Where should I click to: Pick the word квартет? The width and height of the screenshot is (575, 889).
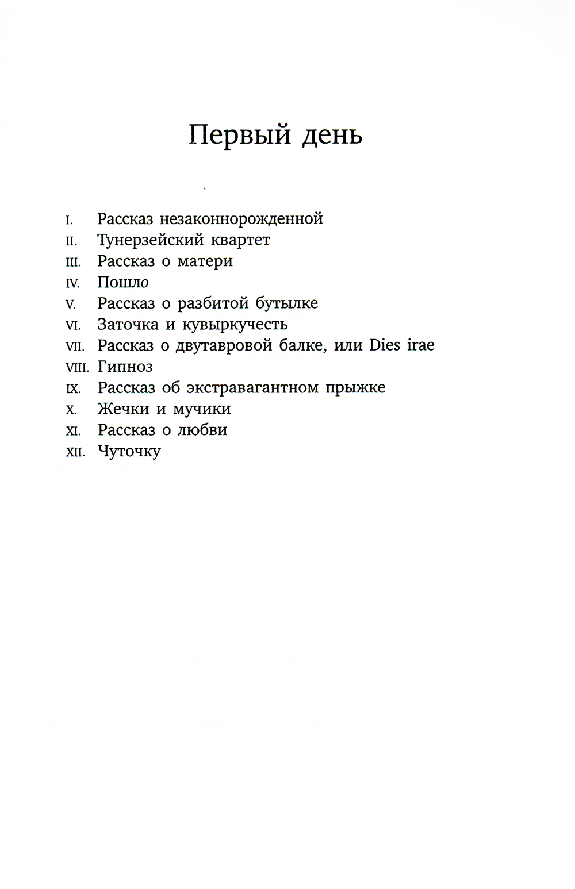(240, 240)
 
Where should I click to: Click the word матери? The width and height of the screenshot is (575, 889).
(205, 261)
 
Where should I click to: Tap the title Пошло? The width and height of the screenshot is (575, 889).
(123, 283)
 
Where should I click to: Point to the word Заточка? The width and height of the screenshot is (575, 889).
(128, 325)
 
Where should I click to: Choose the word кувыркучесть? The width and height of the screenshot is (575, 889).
(235, 325)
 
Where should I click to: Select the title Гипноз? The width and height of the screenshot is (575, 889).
(125, 367)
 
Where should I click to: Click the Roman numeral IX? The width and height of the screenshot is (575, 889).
(73, 389)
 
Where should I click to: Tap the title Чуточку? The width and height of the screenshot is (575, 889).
(129, 452)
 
